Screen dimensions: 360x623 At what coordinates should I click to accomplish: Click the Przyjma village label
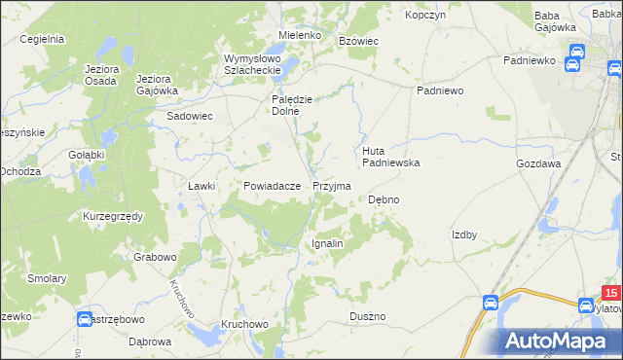tap(332, 185)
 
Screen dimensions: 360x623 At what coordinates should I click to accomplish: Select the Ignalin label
tap(327, 243)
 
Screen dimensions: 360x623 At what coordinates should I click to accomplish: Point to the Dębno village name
tap(384, 199)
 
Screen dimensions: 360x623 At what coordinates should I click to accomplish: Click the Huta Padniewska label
tap(390, 157)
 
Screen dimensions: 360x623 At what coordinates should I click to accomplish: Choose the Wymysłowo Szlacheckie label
tap(252, 63)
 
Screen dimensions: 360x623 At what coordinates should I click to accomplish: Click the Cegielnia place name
tap(41, 39)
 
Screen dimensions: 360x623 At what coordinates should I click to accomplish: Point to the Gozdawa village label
tap(538, 163)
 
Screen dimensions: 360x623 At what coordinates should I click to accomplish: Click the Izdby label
tap(463, 234)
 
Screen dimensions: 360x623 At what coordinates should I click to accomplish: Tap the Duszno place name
tap(368, 316)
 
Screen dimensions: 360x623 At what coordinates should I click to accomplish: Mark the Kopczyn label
tap(425, 16)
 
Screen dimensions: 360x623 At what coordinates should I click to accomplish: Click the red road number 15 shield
tap(610, 293)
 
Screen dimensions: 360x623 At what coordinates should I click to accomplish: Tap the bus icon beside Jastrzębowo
tap(85, 318)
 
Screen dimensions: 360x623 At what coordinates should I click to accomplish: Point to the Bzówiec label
tap(357, 40)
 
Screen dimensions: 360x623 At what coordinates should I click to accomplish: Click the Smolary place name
tap(47, 278)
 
